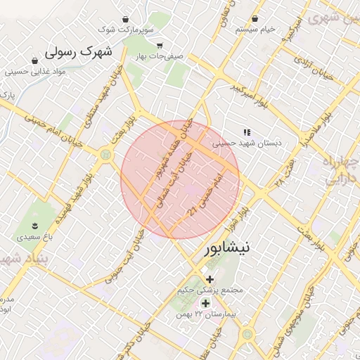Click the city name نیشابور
pos(230,249)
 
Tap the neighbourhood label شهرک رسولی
pos(79,53)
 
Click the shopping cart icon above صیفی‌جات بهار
pos(160,45)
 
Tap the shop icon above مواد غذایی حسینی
pos(34,60)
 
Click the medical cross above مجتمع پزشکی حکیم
pos(210,279)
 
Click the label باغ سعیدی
pos(33,238)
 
